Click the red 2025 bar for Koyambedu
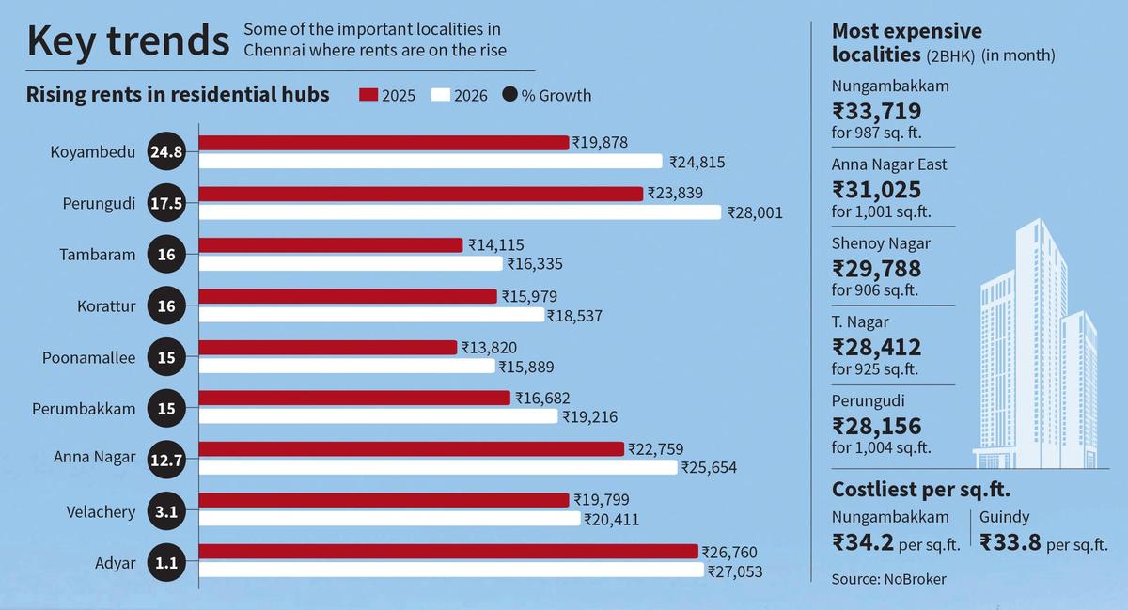(384, 143)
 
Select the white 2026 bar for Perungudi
(461, 212)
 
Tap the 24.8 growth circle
(167, 152)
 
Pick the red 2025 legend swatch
(368, 95)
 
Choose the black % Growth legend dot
(510, 95)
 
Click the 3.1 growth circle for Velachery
(167, 512)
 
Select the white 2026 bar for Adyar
(451, 570)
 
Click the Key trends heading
(127, 41)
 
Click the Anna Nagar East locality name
(889, 164)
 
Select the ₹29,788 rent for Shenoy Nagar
(876, 269)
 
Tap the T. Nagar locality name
(860, 322)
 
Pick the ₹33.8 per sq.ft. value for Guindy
(1011, 542)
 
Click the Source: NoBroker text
(888, 580)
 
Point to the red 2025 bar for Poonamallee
(327, 348)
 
